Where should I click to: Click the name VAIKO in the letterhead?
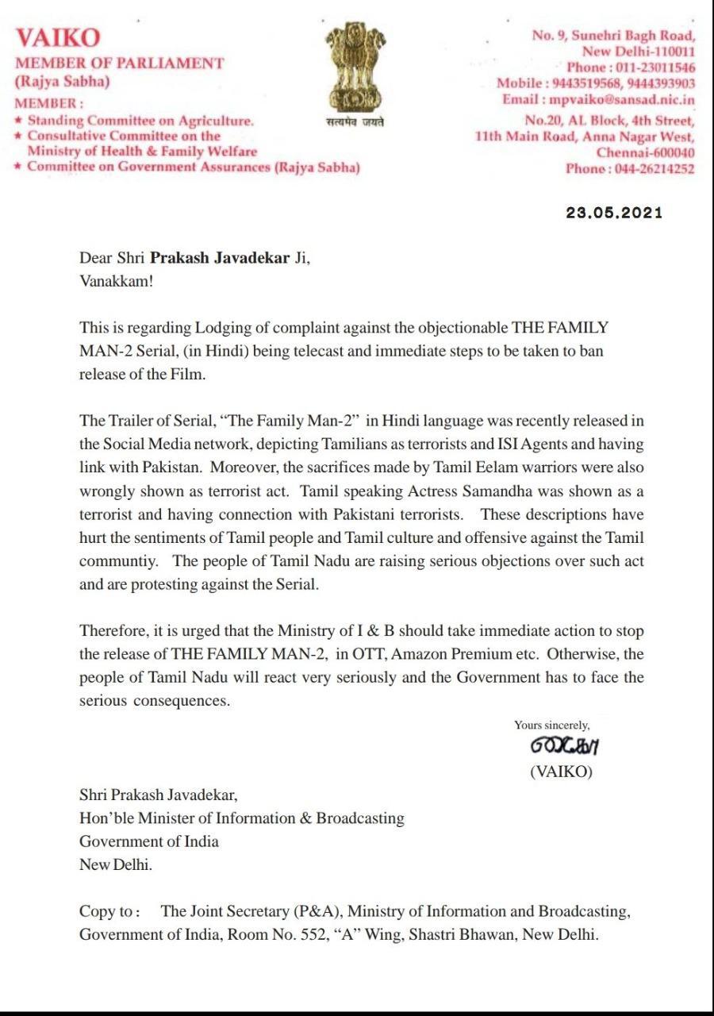pyautogui.click(x=58, y=38)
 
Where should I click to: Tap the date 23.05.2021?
pyautogui.click(x=613, y=213)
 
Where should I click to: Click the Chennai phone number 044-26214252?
pyautogui.click(x=653, y=169)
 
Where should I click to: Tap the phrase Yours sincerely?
pyautogui.click(x=551, y=725)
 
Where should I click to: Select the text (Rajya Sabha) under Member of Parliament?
pyautogui.click(x=63, y=82)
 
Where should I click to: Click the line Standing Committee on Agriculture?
pyautogui.click(x=140, y=121)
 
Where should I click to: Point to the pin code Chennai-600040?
pyautogui.click(x=646, y=152)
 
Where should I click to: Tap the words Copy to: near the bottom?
pyautogui.click(x=110, y=911)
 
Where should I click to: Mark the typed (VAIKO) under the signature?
pyautogui.click(x=561, y=772)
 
